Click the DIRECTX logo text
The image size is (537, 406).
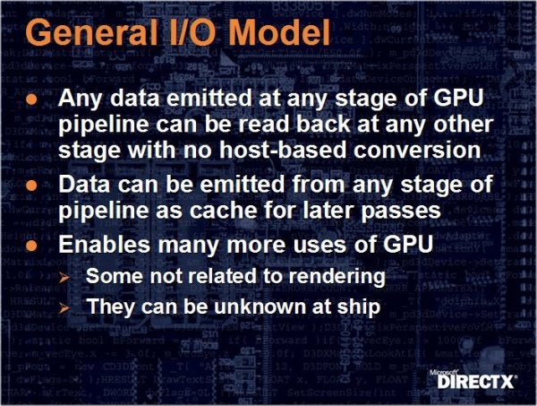476,382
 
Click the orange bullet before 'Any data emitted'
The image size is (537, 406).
31,99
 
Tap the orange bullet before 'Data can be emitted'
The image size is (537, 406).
31,186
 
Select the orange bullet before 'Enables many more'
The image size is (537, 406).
31,246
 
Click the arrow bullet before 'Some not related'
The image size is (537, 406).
64,277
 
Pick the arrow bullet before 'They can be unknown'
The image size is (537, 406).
64,308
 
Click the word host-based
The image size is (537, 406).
283,150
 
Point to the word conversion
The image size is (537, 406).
417,150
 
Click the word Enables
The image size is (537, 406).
105,244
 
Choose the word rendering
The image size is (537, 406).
337,276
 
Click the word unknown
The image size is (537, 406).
260,306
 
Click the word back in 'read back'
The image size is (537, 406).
323,124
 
